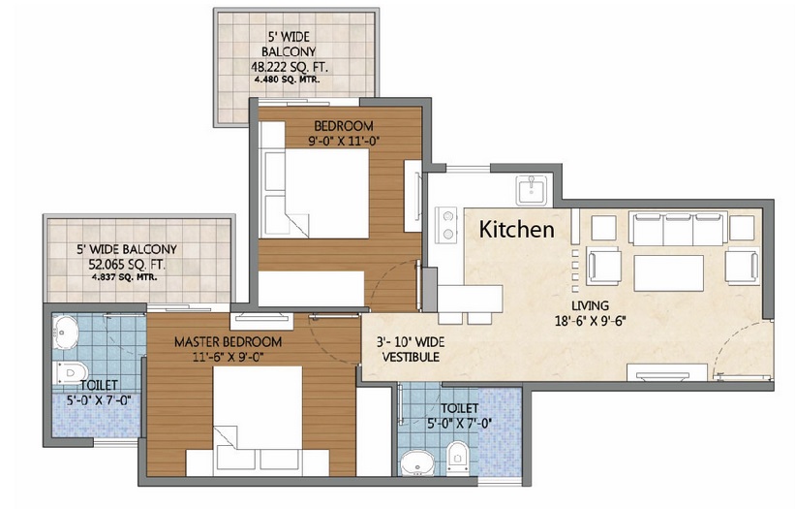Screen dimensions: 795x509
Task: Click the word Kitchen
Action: coord(517,230)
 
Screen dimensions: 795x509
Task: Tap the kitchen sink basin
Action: coord(532,190)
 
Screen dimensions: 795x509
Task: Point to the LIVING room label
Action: coord(590,306)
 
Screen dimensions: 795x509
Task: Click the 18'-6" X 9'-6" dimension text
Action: coord(591,321)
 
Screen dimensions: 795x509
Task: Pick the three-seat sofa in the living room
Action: coord(679,229)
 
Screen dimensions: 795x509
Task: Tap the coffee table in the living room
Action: coord(669,273)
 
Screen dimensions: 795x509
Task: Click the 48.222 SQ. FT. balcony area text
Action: coord(290,67)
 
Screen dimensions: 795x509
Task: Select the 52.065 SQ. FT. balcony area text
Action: coord(127,265)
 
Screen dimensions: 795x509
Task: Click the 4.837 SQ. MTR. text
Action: coord(124,277)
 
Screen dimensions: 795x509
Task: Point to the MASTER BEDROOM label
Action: coord(229,342)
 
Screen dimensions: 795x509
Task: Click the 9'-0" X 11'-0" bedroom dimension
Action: coord(345,141)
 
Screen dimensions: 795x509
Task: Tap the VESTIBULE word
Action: coord(411,357)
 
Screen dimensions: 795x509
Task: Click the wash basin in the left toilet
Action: coord(65,333)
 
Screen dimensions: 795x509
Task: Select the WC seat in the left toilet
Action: coord(70,373)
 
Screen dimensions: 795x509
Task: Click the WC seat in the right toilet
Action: coord(458,458)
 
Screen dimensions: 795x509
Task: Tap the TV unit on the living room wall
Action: coord(667,373)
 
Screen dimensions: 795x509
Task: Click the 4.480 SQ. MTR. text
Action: coord(287,80)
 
